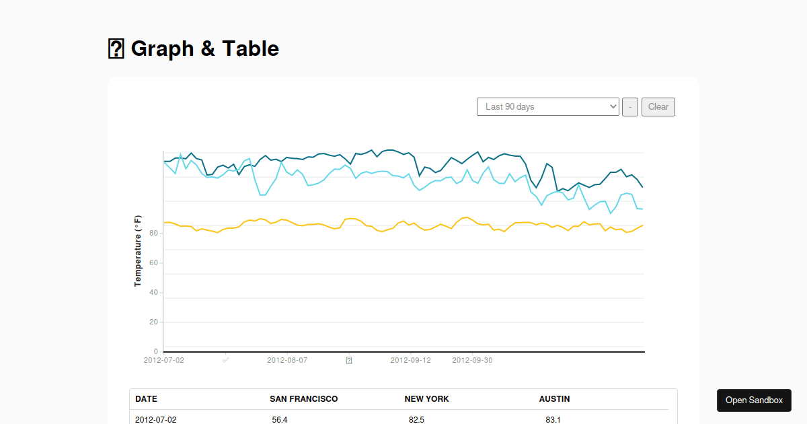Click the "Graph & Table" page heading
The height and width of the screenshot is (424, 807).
204,48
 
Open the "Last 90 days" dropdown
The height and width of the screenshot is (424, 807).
547,107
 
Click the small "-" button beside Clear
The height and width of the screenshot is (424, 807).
630,107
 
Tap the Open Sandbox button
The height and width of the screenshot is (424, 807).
754,400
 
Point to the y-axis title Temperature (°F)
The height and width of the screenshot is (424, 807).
138,251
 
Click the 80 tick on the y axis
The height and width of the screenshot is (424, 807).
153,234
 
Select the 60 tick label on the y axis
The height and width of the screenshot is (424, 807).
153,263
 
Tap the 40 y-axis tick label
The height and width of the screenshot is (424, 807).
153,293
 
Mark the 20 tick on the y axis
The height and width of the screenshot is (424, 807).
153,322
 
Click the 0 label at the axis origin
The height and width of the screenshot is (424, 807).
156,351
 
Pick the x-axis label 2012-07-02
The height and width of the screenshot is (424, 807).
164,360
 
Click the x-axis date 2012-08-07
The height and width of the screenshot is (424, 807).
287,360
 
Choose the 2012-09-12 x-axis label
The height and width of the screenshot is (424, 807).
411,360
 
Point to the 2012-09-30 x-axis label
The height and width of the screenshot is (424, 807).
472,360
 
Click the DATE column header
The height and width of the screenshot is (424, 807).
146,399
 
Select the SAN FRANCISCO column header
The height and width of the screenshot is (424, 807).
304,399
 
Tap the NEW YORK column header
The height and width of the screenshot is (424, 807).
426,399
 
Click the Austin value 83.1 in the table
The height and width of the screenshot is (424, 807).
553,419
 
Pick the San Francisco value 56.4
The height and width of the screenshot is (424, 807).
280,419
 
